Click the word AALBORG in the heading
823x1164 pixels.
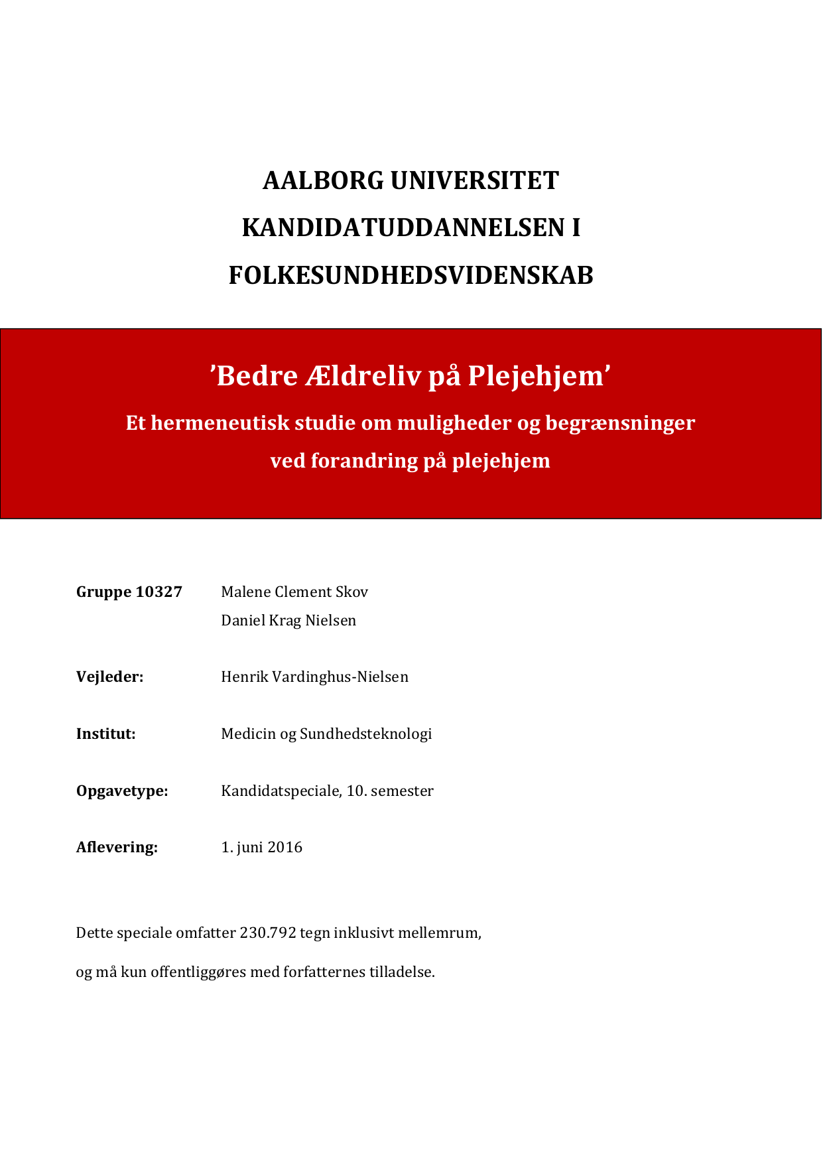pyautogui.click(x=323, y=180)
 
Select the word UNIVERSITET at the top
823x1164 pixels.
pyautogui.click(x=474, y=180)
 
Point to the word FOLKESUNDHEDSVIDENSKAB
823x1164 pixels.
pyautogui.click(x=411, y=275)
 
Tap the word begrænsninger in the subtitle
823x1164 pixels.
pyautogui.click(x=619, y=422)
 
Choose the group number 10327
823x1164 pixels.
pyautogui.click(x=158, y=592)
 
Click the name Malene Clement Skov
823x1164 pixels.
pyautogui.click(x=294, y=592)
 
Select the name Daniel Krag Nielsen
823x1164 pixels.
pyautogui.click(x=288, y=620)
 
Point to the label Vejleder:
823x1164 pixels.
pyautogui.click(x=109, y=677)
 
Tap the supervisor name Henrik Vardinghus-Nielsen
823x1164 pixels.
pyautogui.click(x=314, y=677)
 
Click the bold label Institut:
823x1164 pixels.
pyautogui.click(x=105, y=734)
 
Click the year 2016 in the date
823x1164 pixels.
pyautogui.click(x=285, y=847)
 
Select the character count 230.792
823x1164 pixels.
pyautogui.click(x=267, y=933)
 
